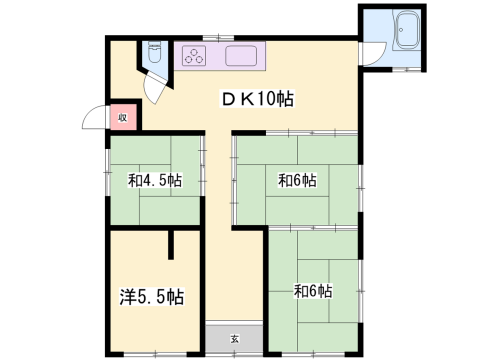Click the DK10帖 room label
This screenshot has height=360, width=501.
(x=258, y=99)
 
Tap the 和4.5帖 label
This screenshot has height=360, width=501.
(x=155, y=180)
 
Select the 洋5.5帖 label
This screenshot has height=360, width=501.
(x=152, y=296)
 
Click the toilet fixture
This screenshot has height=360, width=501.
(x=154, y=52)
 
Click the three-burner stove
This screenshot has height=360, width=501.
(x=194, y=56)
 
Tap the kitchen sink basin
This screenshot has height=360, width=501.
(x=241, y=56)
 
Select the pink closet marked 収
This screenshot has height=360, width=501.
(x=123, y=117)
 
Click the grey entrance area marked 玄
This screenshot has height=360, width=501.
(x=234, y=337)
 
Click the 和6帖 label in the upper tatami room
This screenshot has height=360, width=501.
(x=297, y=180)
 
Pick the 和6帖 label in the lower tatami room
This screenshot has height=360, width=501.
(x=313, y=291)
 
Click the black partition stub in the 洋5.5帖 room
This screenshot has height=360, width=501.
(x=171, y=245)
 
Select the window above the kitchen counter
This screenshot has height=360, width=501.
(x=218, y=37)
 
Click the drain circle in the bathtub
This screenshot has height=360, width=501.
(x=401, y=30)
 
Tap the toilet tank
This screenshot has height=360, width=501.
(x=154, y=44)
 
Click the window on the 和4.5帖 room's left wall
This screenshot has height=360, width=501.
(x=107, y=172)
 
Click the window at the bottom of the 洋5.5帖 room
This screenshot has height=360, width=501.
(x=155, y=354)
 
